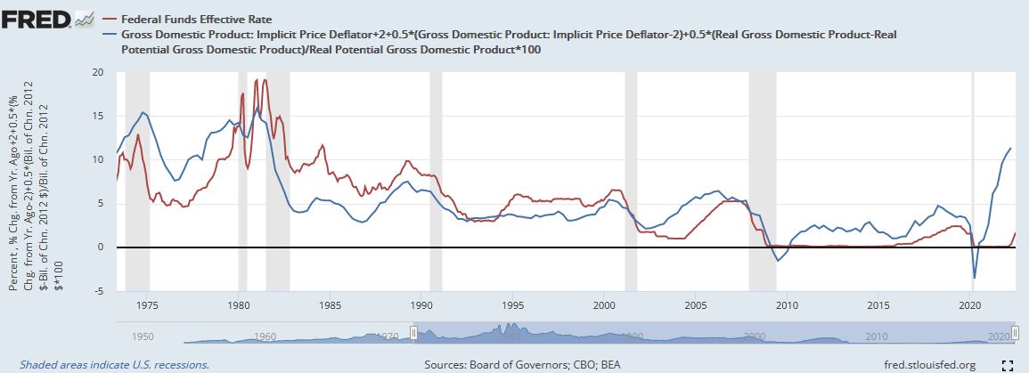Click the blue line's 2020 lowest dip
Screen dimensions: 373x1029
click(x=975, y=279)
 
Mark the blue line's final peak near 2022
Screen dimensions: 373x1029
click(x=1009, y=148)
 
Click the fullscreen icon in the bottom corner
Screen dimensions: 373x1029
click(x=1007, y=365)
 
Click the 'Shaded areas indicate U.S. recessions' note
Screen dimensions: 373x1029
click(x=114, y=365)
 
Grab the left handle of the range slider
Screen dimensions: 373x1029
click(x=413, y=332)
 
